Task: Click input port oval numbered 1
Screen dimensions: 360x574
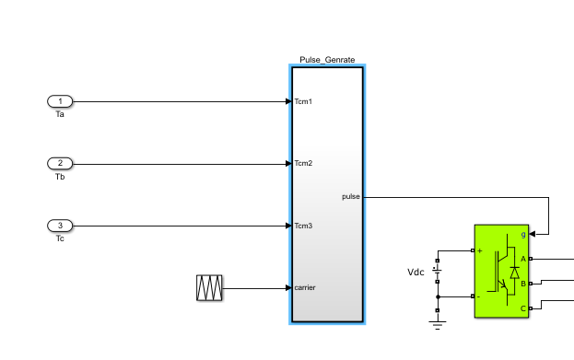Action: tap(60, 101)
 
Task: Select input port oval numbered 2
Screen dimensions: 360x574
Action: tap(60, 163)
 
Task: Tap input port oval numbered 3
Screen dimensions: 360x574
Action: tap(60, 226)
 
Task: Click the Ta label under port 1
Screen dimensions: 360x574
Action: tap(60, 114)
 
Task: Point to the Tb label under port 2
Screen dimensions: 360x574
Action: tap(60, 176)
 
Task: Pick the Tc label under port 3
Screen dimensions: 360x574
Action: tap(60, 238)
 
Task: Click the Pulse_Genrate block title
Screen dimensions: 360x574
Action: tap(327, 60)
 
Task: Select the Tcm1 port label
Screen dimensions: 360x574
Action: tap(303, 101)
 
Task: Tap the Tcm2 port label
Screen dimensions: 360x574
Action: tap(303, 164)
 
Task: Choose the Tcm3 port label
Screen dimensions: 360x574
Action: tap(303, 226)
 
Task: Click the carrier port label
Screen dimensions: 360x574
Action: tap(305, 288)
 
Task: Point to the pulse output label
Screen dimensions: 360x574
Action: tap(351, 196)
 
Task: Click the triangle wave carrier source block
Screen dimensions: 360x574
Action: tap(210, 288)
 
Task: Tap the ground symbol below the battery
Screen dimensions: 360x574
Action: tap(438, 320)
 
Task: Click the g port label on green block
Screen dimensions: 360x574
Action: tap(523, 235)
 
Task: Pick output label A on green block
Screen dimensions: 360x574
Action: tap(523, 259)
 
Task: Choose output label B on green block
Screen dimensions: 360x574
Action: tap(523, 284)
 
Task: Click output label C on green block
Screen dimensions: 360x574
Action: tap(523, 308)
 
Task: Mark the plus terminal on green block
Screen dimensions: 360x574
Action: tap(481, 250)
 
